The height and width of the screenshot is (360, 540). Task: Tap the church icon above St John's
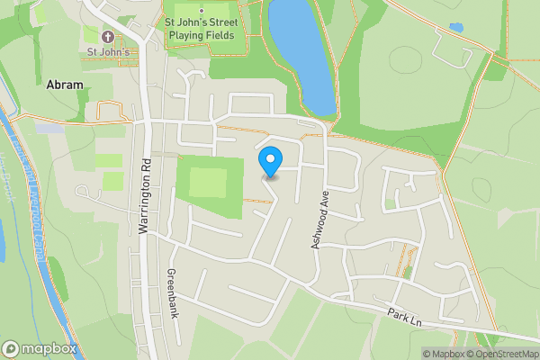click(x=109, y=37)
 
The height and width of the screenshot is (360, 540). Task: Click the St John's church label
click(x=109, y=52)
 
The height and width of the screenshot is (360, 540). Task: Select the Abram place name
click(x=64, y=85)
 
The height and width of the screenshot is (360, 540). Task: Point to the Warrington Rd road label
click(x=143, y=197)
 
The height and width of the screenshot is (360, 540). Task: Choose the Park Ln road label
click(x=406, y=317)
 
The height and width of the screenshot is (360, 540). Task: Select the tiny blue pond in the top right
click(x=456, y=28)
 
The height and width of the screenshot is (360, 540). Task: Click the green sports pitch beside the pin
click(x=211, y=184)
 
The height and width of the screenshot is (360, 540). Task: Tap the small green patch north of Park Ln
click(x=408, y=270)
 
